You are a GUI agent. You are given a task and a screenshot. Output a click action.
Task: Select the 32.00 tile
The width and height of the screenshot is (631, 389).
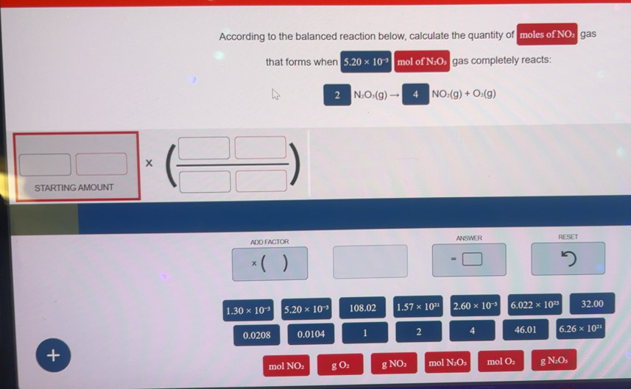(x=591, y=304)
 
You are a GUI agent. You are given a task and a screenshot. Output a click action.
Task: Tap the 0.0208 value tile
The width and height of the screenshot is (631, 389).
(x=256, y=335)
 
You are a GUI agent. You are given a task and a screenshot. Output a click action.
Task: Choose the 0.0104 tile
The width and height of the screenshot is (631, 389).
(x=311, y=335)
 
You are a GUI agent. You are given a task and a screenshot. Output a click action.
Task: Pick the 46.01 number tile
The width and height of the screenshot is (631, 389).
(x=525, y=329)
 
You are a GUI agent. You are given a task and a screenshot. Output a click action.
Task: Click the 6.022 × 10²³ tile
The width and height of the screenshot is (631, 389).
(x=535, y=305)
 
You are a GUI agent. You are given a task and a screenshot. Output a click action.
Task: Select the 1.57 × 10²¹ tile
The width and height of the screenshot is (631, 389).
(x=417, y=307)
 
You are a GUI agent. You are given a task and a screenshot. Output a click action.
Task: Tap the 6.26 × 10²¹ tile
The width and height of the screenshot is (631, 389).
(x=581, y=329)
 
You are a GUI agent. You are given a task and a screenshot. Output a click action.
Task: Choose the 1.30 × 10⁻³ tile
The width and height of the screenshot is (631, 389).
(x=249, y=310)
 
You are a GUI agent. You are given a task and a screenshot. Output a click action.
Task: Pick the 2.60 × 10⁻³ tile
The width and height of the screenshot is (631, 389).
(x=474, y=306)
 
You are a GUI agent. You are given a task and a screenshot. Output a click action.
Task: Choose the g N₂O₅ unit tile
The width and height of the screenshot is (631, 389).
(x=553, y=360)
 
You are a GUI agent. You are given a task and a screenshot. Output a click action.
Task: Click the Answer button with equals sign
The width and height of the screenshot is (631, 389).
(x=468, y=260)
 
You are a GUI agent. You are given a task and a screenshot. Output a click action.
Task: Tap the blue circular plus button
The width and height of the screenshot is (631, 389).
(x=53, y=355)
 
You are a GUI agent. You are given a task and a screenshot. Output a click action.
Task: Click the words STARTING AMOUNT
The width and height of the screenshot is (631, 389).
(x=74, y=188)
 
